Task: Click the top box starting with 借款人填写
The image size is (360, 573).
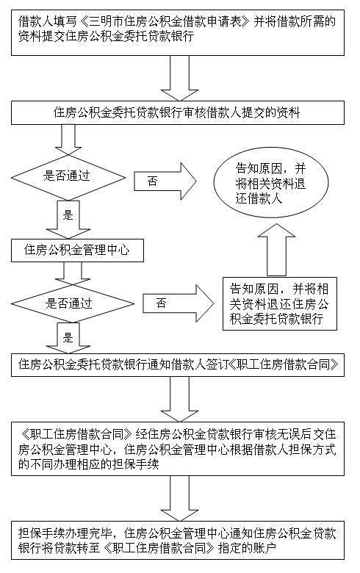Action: coord(179,29)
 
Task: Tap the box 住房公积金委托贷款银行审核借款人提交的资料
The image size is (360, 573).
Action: coord(179,112)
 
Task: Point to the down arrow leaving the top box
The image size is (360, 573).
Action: coord(179,76)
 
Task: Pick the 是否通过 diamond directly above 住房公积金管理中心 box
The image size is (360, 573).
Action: coord(68,176)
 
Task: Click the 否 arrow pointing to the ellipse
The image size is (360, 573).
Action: coord(166,181)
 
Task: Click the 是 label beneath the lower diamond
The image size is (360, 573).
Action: coord(68,339)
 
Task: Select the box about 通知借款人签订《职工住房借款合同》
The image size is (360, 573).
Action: coord(179,363)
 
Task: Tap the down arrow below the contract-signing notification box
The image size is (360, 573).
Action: coord(179,397)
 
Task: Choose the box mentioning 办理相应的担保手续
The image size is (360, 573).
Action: coord(179,447)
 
